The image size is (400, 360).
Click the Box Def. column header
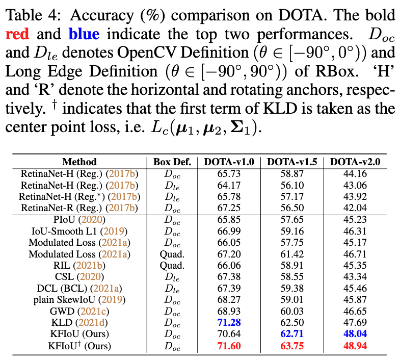point(172,162)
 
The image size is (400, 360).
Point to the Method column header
point(79,162)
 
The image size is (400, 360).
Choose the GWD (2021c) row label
point(79,311)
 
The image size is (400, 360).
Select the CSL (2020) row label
point(79,276)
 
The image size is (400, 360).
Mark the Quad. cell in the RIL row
point(172,265)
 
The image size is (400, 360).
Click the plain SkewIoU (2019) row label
point(79,299)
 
